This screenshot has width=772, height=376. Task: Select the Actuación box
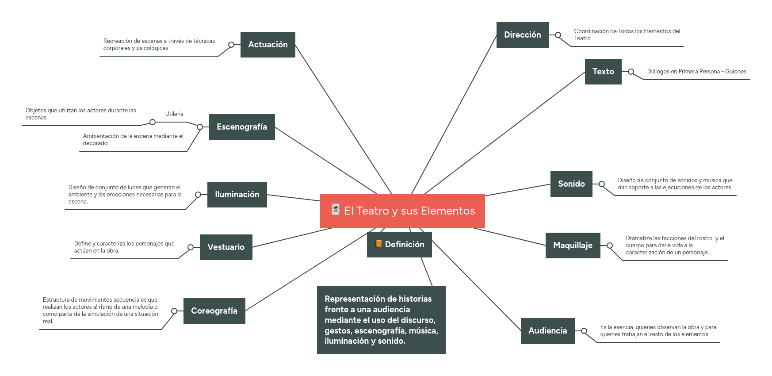(x=268, y=45)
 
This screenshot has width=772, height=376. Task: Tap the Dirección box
(x=522, y=35)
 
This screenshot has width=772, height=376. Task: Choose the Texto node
(x=603, y=72)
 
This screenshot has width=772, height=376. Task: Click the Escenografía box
(x=242, y=127)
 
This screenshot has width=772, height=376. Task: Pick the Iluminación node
(x=237, y=195)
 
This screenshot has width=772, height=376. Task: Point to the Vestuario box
(x=226, y=247)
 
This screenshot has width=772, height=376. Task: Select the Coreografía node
(x=214, y=311)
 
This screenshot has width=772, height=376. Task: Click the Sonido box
(x=571, y=184)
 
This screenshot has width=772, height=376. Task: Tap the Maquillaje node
(x=573, y=246)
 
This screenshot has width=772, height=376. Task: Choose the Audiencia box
(x=547, y=331)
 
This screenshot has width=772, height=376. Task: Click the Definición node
(x=399, y=245)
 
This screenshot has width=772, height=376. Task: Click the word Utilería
(x=174, y=114)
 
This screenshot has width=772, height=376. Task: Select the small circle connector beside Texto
(x=631, y=72)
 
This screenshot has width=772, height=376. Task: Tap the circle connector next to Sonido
(x=602, y=184)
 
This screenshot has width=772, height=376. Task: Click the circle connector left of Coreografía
(x=174, y=311)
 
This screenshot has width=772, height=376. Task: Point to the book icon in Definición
(x=378, y=244)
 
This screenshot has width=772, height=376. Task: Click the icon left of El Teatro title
(x=336, y=209)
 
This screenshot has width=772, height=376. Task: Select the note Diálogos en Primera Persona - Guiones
(x=696, y=72)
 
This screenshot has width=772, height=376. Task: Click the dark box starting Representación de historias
(x=381, y=320)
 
